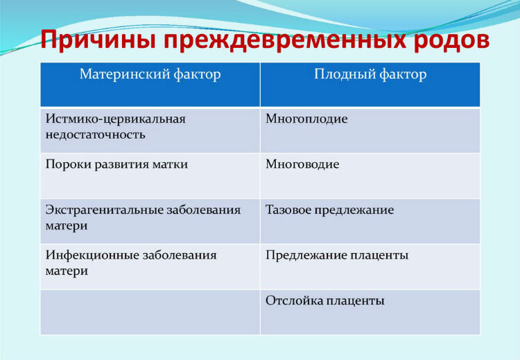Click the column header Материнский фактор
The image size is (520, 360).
[150, 74]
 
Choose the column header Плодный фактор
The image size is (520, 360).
[370, 74]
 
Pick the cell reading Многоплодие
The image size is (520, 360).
[306, 119]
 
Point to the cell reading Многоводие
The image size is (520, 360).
[302, 164]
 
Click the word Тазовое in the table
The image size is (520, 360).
[288, 209]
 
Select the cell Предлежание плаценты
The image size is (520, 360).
[337, 255]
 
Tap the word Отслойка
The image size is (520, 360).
[294, 300]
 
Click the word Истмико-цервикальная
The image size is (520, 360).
[115, 119]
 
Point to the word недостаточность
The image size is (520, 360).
[95, 135]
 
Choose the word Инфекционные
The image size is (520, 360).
[92, 255]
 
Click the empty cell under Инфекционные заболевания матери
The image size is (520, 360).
[150, 312]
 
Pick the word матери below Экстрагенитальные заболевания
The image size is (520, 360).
[67, 226]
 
